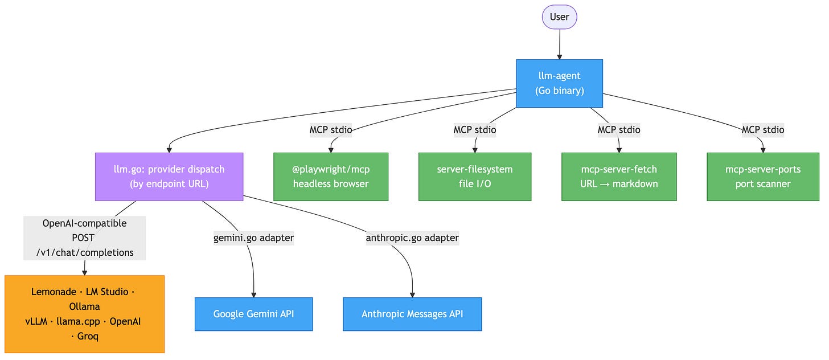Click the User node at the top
(x=559, y=17)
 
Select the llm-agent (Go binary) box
(x=559, y=83)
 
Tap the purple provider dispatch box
(x=169, y=177)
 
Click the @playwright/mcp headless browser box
(x=331, y=177)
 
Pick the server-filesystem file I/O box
(x=475, y=177)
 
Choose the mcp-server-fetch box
(x=619, y=177)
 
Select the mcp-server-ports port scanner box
(x=763, y=177)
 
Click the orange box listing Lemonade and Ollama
(x=84, y=314)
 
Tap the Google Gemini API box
(x=253, y=314)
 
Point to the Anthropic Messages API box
(x=412, y=314)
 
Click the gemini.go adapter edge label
(x=253, y=238)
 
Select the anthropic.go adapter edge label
(x=412, y=238)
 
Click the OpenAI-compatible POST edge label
(x=84, y=238)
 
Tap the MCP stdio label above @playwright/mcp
(x=331, y=130)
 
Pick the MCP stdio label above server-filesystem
(x=475, y=130)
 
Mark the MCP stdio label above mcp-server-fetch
(x=619, y=130)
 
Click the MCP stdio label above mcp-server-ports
(x=763, y=130)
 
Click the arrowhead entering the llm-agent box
(x=560, y=57)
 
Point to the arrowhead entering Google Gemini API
(x=253, y=295)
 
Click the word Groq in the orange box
(x=88, y=336)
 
